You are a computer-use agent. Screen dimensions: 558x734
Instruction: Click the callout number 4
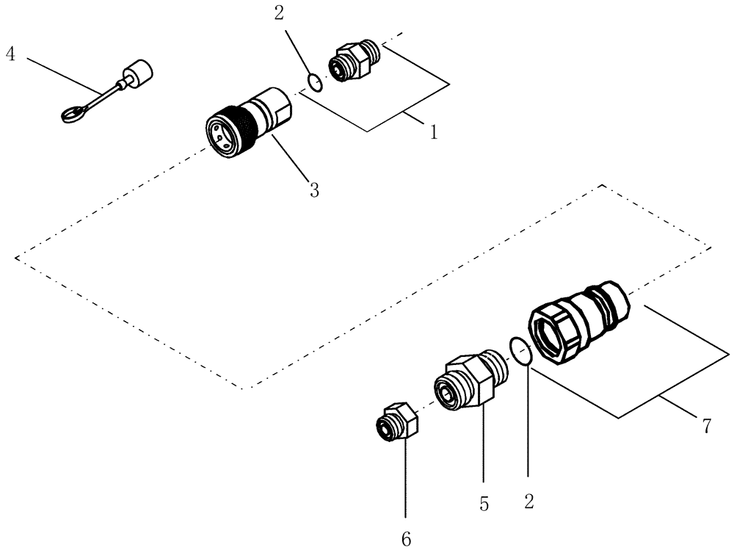click(x=10, y=54)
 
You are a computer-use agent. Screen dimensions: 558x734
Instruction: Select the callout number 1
click(x=433, y=132)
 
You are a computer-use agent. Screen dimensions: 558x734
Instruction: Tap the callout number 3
click(x=314, y=190)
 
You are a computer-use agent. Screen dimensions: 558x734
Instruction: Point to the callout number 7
click(x=707, y=427)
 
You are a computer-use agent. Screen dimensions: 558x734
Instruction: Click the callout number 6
click(x=406, y=540)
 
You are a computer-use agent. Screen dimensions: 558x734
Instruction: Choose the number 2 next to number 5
click(x=529, y=502)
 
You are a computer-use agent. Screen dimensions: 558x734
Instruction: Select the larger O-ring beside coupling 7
click(x=520, y=350)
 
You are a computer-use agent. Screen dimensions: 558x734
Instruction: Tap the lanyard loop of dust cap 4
click(x=72, y=115)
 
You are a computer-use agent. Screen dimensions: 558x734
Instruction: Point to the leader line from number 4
click(x=66, y=76)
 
